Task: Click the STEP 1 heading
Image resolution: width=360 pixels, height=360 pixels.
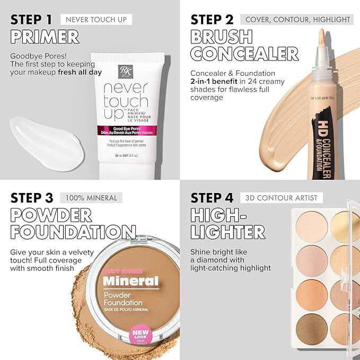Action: click(x=31, y=20)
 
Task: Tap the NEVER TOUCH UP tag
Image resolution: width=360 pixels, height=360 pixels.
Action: click(x=96, y=20)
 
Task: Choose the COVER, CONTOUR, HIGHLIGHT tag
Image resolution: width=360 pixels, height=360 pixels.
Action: click(x=297, y=20)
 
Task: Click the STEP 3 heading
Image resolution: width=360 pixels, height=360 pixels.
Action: click(x=32, y=198)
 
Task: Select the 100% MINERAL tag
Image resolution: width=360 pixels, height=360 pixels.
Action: click(x=91, y=198)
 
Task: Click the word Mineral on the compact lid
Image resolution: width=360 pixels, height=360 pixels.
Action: click(x=130, y=280)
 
